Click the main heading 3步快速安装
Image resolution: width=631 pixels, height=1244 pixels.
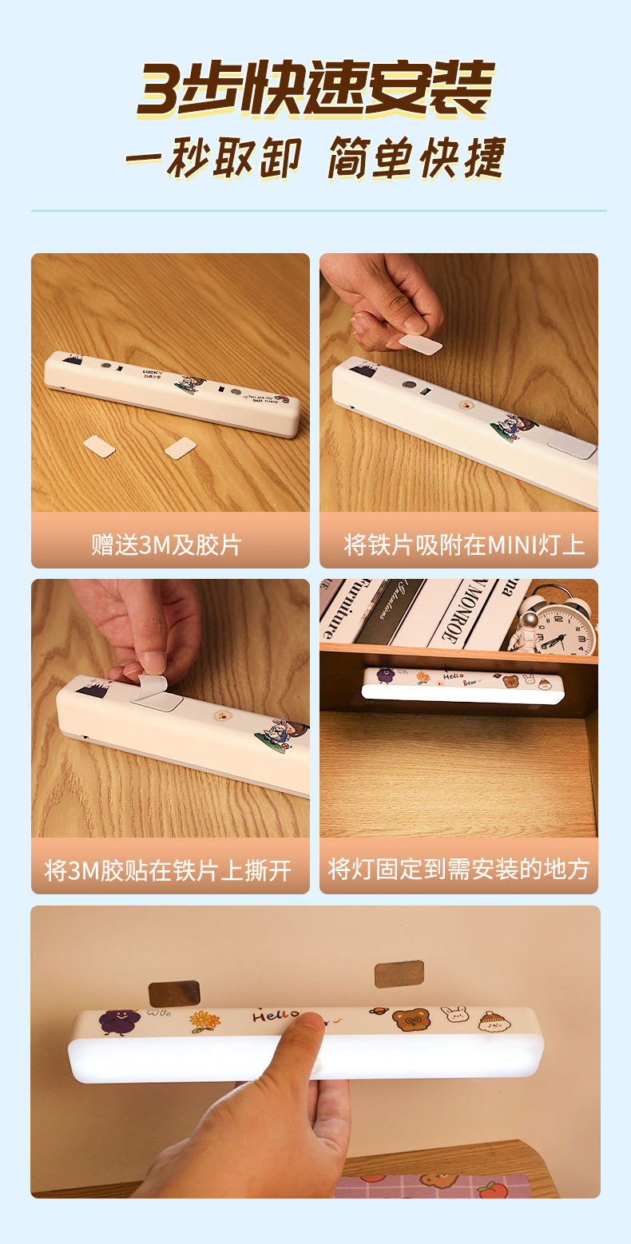pyautogui.click(x=315, y=89)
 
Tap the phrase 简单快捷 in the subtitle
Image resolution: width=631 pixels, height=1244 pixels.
pyautogui.click(x=416, y=158)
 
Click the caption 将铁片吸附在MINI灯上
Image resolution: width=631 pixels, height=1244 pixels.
pyautogui.click(x=464, y=545)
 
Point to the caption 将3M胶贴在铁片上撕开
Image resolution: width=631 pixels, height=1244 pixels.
pyautogui.click(x=168, y=870)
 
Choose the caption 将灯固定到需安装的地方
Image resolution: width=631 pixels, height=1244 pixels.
pyautogui.click(x=458, y=870)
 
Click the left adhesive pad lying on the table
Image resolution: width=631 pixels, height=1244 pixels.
pyautogui.click(x=99, y=446)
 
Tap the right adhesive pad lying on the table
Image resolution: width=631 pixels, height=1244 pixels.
pyautogui.click(x=181, y=447)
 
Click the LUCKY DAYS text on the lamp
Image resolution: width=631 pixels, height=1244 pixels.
pyautogui.click(x=152, y=374)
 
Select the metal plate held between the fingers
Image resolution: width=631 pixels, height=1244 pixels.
pyautogui.click(x=420, y=344)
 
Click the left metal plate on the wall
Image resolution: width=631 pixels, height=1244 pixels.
pyautogui.click(x=173, y=993)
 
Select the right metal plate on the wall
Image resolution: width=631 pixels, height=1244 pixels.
pyautogui.click(x=399, y=974)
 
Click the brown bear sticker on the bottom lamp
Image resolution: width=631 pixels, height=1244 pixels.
pyautogui.click(x=411, y=1019)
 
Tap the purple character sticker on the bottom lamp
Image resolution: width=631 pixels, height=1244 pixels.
pyautogui.click(x=118, y=1021)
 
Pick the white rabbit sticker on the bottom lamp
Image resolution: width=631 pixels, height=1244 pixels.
pyautogui.click(x=454, y=1016)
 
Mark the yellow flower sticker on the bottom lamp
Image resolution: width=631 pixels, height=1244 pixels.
pyautogui.click(x=204, y=1020)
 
